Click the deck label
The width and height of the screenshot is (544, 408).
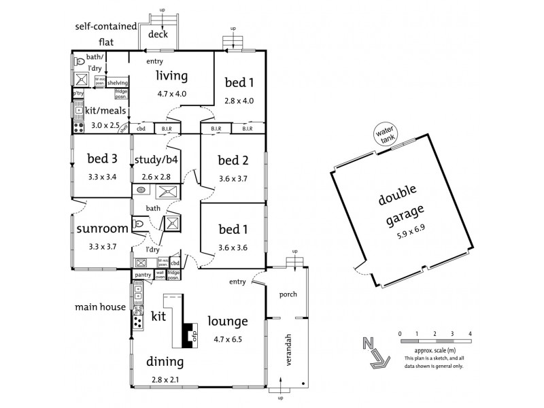(158, 34)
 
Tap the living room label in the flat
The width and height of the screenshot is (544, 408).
(171, 75)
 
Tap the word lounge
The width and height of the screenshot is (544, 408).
(228, 320)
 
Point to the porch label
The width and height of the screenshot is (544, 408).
(286, 296)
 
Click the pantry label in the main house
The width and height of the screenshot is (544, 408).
(143, 275)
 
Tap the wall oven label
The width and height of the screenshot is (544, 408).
(160, 274)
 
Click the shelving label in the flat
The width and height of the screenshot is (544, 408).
(118, 83)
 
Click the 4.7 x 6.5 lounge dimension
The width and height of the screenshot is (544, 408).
(228, 337)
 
